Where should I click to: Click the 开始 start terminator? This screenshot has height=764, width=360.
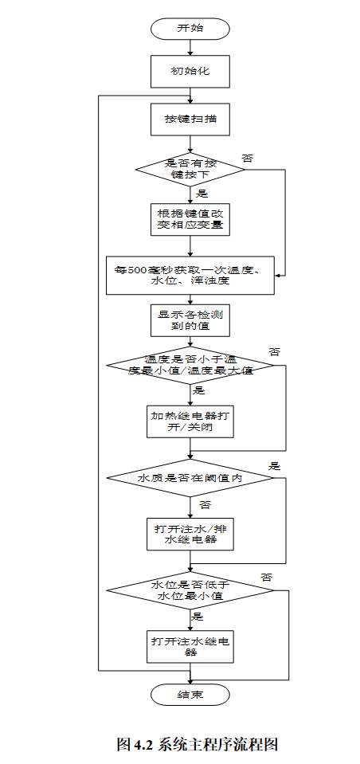coord(190,28)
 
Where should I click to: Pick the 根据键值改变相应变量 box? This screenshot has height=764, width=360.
coord(190,219)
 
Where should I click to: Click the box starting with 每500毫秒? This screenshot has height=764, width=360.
coord(190,275)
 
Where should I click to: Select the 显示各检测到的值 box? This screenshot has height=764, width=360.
coord(190,320)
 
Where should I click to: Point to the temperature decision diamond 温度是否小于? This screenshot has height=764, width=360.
coord(190,366)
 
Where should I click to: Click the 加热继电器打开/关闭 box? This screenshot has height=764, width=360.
coord(190,421)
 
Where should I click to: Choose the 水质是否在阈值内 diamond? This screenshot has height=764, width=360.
coord(190,478)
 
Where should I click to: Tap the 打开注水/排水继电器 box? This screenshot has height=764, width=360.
coord(190,534)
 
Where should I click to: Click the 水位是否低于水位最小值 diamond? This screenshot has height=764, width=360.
coord(190,590)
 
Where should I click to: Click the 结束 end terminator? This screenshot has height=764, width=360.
coord(190,695)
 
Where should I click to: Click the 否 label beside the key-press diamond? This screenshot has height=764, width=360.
coord(248,159)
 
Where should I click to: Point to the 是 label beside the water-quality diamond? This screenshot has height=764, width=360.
coord(275,465)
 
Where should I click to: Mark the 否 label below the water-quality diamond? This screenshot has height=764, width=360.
coord(205,505)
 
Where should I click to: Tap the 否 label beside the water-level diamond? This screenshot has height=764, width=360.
coord(267,576)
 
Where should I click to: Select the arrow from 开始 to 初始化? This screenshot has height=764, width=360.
coord(190,47)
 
